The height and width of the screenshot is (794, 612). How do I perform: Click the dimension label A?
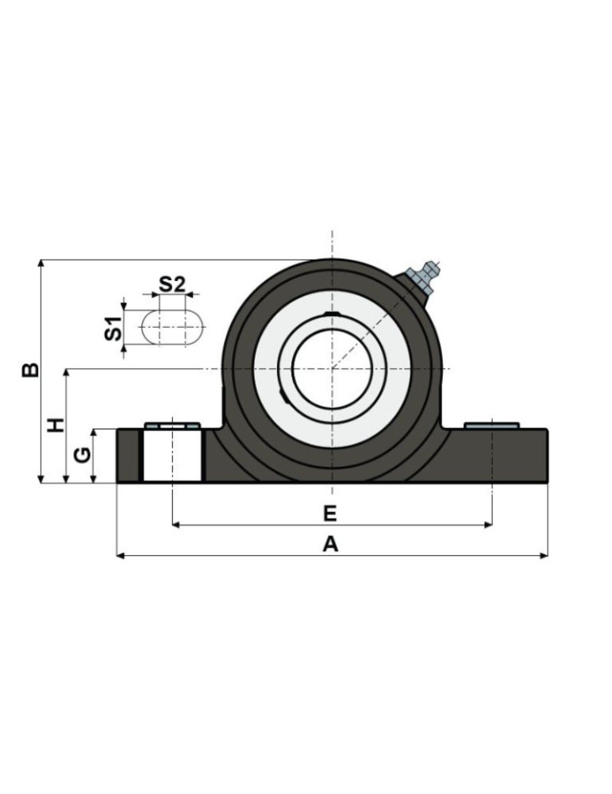[330, 545]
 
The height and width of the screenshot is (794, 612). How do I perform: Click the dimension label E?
[330, 514]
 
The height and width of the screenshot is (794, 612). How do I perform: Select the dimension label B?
[30, 370]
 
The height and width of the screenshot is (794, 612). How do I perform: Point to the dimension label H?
[56, 425]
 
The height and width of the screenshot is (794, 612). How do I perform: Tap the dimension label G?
[82, 455]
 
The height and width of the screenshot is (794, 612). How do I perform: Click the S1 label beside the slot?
[114, 328]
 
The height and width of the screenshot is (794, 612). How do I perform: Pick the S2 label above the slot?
[172, 284]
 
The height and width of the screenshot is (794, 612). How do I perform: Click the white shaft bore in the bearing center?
[332, 368]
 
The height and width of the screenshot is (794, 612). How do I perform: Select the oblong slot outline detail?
[172, 327]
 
